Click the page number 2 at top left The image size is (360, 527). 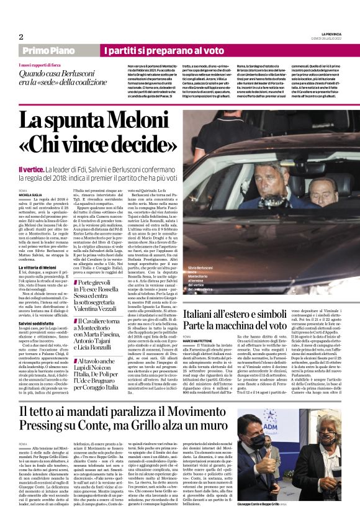pyautogui.click(x=21, y=37)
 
